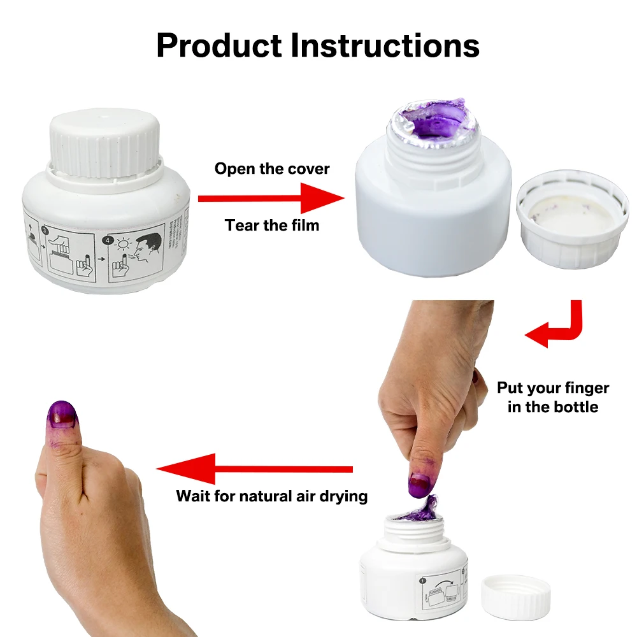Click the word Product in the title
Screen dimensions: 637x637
[x=218, y=46]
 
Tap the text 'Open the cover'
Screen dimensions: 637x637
[x=272, y=169]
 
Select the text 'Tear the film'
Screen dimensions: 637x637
[x=272, y=225]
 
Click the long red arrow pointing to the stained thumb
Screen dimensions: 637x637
[x=255, y=470]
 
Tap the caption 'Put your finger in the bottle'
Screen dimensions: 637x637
[x=553, y=397]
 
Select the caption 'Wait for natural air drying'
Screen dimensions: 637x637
[x=272, y=496]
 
